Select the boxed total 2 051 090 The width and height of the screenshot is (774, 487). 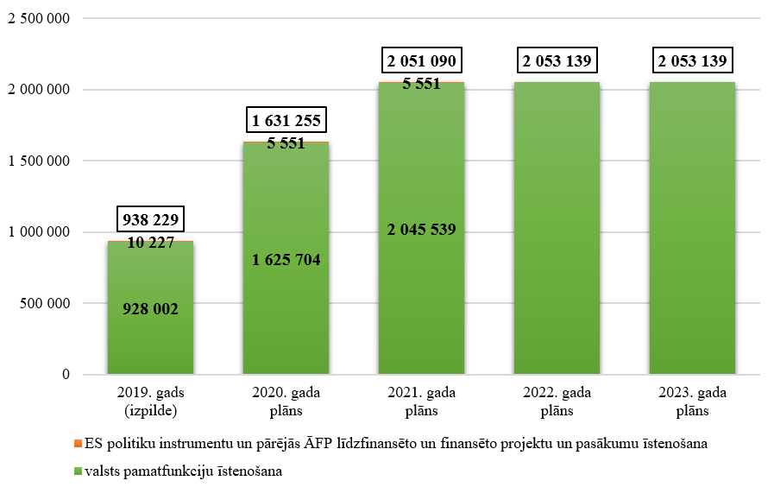421,61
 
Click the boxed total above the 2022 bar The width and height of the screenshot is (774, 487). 557,61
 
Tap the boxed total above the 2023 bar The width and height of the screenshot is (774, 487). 692,61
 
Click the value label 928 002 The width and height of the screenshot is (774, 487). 150,308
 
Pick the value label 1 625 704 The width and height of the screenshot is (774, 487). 286,260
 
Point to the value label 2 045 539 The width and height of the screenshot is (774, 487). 421,229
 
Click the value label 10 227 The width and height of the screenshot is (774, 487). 150,243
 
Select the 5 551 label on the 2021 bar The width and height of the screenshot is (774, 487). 421,84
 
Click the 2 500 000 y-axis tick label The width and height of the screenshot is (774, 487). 39,18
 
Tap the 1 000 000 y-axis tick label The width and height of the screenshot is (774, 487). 39,232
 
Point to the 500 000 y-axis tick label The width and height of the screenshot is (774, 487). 45,303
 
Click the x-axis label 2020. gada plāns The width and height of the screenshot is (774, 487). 286,402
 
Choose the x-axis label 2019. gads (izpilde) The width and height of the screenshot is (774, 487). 150,402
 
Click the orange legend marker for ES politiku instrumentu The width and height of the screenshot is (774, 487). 77,444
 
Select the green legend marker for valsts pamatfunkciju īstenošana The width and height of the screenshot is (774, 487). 77,471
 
